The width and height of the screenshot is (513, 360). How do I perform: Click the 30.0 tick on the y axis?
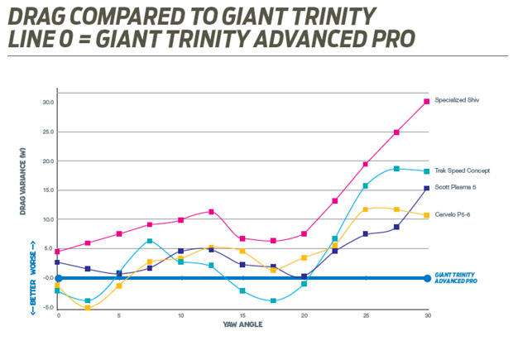pyautogui.click(x=49, y=103)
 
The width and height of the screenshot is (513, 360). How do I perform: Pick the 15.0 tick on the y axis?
pyautogui.click(x=49, y=190)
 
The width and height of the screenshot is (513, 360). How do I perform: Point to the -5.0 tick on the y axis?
pyautogui.click(x=49, y=307)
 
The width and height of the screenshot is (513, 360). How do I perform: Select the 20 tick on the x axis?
pyautogui.click(x=304, y=315)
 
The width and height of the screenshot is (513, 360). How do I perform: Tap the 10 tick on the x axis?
pyautogui.click(x=180, y=315)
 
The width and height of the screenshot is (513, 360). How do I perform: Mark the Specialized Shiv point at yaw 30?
pyautogui.click(x=427, y=102)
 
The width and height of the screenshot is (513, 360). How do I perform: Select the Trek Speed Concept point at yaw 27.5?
pyautogui.click(x=396, y=169)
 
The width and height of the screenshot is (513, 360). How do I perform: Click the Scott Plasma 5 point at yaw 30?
pyautogui.click(x=427, y=189)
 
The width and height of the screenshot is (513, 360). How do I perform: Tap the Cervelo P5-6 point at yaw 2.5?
pyautogui.click(x=89, y=308)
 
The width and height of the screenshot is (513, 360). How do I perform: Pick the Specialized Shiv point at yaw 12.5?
pyautogui.click(x=212, y=212)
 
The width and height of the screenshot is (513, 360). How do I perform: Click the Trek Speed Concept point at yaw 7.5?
pyautogui.click(x=150, y=242)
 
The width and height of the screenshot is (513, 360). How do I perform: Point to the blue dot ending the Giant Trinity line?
pyautogui.click(x=427, y=278)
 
